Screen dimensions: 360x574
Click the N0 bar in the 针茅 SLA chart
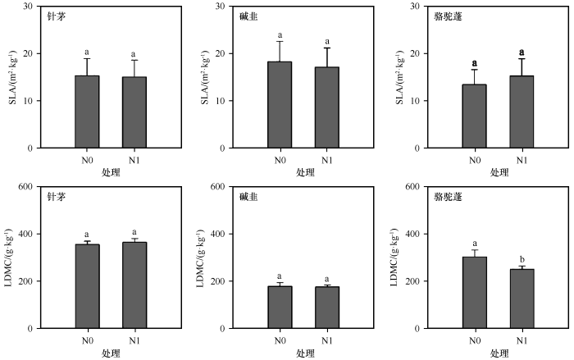pyautogui.click(x=87, y=112)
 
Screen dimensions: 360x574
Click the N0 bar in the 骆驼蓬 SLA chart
pyautogui.click(x=474, y=116)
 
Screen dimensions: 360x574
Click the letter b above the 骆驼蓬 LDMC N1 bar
pyautogui.click(x=522, y=258)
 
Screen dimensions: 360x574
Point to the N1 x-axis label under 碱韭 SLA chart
pyautogui.click(x=327, y=159)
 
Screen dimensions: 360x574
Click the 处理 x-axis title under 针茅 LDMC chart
pyautogui.click(x=111, y=353)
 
